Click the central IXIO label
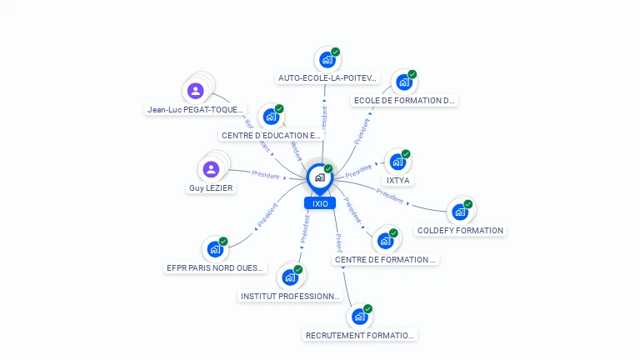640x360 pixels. tap(320, 203)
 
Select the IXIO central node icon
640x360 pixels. tap(319, 177)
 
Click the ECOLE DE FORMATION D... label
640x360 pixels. tap(405, 101)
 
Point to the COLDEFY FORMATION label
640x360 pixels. tap(460, 231)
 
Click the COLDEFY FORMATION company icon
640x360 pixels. tap(459, 212)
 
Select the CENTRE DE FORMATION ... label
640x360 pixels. tap(385, 260)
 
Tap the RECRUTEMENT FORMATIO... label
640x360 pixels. tap(360, 335)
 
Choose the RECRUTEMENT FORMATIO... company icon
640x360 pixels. tap(359, 317)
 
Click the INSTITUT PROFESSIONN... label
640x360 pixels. tap(290, 296)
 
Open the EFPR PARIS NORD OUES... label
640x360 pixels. tap(215, 268)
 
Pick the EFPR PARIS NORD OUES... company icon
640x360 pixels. tap(214, 248)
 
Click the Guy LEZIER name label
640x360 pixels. tap(211, 188)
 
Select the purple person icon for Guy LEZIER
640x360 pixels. tap(211, 170)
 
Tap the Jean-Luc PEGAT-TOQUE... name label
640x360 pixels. tap(196, 109)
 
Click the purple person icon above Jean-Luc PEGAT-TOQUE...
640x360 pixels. tap(196, 91)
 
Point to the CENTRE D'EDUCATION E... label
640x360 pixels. tap(271, 135)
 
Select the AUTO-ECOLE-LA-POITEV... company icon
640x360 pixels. tap(327, 60)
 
